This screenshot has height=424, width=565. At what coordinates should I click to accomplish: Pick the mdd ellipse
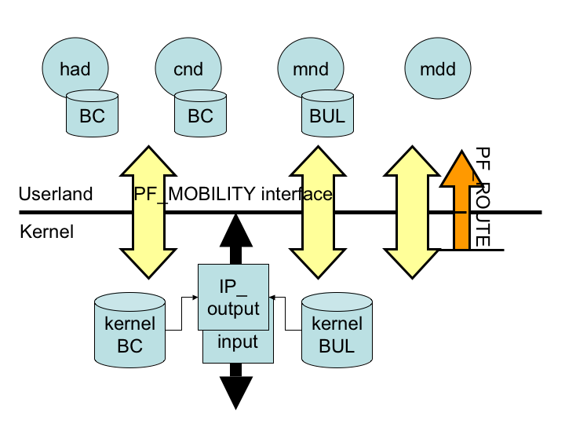point(436,69)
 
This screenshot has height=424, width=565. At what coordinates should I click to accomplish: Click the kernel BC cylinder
point(129,334)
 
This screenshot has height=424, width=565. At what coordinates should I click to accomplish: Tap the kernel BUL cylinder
point(337,334)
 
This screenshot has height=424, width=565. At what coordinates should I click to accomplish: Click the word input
point(237,342)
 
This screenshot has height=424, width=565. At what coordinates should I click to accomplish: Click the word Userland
point(56,194)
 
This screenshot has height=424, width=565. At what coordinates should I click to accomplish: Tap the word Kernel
point(46,232)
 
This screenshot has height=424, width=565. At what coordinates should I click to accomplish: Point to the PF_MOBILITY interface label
point(233,194)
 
